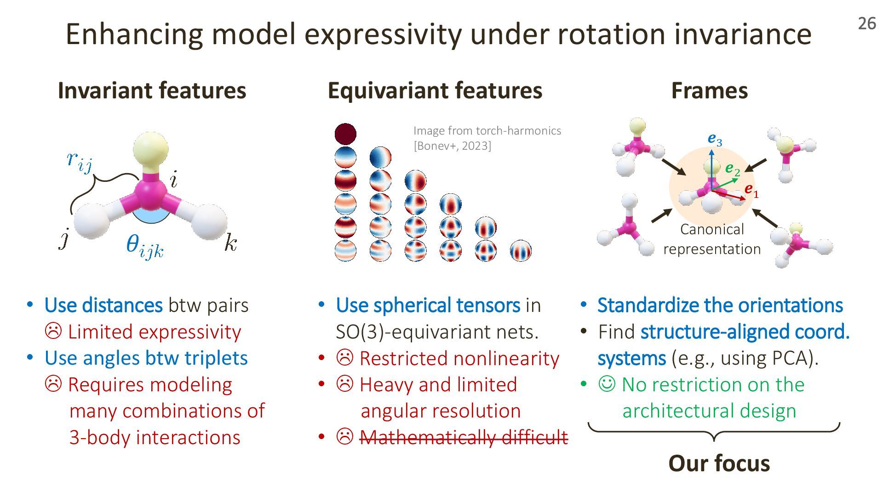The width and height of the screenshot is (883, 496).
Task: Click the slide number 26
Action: (867, 23)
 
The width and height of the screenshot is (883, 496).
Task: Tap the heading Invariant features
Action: (152, 90)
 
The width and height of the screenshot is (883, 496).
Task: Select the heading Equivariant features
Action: (435, 90)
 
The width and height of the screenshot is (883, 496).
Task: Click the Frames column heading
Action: (709, 90)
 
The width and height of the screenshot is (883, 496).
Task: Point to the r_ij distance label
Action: (79, 161)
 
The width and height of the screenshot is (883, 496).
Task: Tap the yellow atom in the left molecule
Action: (150, 149)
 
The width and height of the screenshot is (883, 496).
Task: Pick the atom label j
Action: (64, 239)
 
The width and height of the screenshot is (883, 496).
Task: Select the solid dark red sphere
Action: (345, 134)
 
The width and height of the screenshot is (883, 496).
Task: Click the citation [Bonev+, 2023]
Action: (452, 146)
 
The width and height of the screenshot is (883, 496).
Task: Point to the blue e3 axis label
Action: (715, 139)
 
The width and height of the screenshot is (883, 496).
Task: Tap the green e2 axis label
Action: (733, 169)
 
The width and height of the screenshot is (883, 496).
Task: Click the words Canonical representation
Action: (712, 239)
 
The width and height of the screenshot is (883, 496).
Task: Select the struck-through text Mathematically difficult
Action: (464, 437)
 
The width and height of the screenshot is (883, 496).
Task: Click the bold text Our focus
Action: (719, 463)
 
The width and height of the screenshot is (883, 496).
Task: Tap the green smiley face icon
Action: (607, 383)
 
